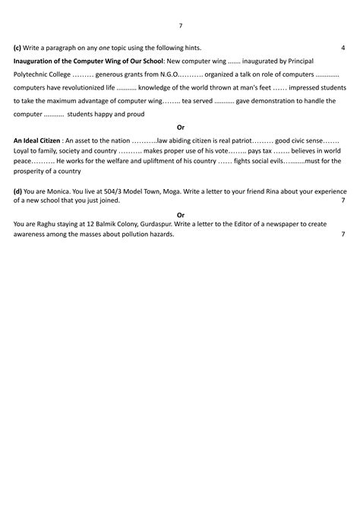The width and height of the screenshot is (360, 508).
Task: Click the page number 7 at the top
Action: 180,26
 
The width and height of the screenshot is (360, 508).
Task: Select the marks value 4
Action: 343,48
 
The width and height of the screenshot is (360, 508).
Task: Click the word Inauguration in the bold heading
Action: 37,61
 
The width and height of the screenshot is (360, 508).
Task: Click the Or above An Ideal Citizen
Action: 180,127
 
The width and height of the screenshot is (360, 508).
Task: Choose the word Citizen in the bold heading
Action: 50,140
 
